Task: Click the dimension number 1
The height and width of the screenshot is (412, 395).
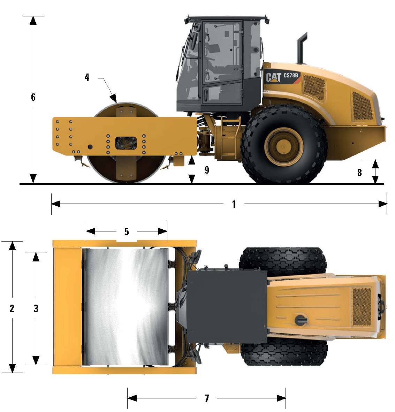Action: tap(234, 204)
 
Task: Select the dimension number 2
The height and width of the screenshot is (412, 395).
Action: tap(12, 308)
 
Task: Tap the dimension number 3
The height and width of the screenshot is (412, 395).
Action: tap(36, 308)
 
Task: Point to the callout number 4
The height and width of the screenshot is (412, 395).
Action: tap(87, 77)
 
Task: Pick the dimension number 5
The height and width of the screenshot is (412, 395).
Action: tap(127, 232)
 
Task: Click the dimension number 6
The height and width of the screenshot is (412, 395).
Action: tap(33, 97)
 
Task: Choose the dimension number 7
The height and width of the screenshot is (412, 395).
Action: tap(207, 398)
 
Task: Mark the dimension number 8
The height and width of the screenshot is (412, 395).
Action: tap(359, 173)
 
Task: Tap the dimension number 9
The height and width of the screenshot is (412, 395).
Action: tap(207, 170)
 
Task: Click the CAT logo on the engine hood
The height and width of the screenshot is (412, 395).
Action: tap(273, 77)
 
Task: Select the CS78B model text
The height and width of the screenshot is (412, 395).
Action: tap(291, 75)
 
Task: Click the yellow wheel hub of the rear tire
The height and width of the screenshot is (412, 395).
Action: tap(284, 147)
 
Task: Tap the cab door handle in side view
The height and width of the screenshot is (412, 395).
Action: tap(205, 96)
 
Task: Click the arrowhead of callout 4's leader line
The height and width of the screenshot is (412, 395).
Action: tap(114, 99)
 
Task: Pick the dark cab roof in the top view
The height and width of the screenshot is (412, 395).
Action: tap(227, 307)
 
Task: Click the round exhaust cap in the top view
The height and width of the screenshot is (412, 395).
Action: tap(300, 320)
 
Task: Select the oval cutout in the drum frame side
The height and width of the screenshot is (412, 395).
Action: tap(126, 143)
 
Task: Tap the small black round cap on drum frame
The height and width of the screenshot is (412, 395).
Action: tap(90, 147)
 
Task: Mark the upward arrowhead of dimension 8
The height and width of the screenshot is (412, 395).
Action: tap(375, 164)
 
